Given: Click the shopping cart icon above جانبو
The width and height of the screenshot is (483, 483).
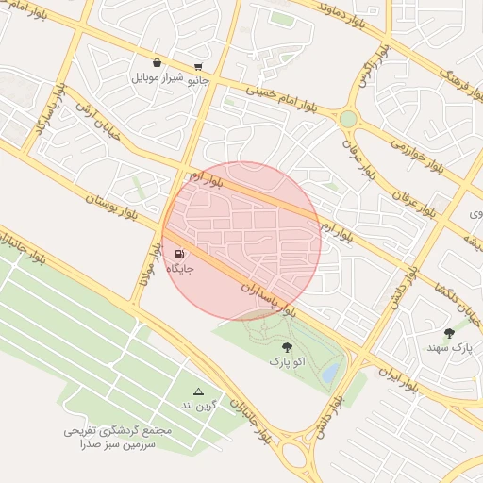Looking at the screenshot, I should click(x=197, y=67).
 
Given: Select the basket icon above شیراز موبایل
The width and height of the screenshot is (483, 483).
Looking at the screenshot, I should click(x=157, y=62).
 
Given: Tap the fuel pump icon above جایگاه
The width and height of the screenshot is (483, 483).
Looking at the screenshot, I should click(x=180, y=254).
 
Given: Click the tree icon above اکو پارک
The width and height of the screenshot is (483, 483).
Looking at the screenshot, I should click(x=287, y=346).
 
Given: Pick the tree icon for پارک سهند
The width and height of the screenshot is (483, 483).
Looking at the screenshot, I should click(x=449, y=333).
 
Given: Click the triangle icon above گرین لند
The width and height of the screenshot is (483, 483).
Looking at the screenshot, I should click(x=198, y=391).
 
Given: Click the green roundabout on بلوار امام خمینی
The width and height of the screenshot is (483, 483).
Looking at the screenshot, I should click(x=349, y=119).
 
